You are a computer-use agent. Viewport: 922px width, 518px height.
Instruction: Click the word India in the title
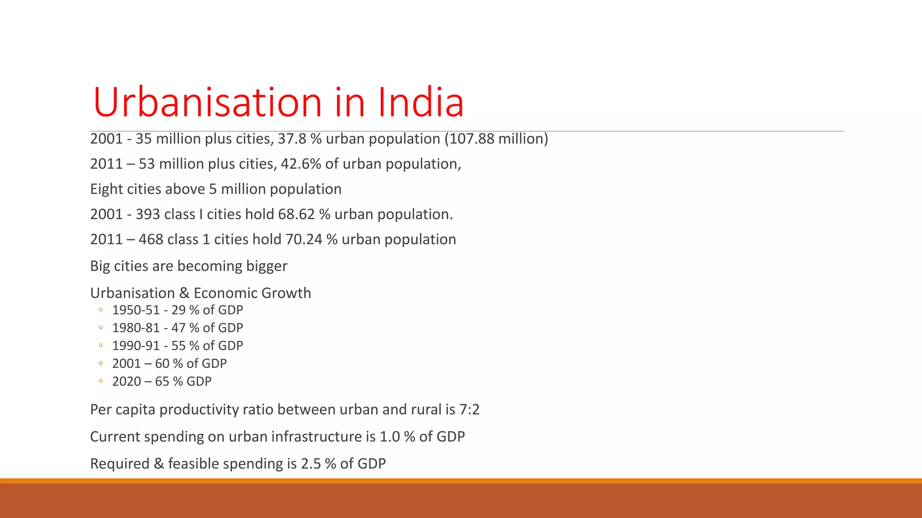coord(420,103)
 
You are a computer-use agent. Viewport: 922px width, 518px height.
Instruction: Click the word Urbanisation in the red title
coord(208,103)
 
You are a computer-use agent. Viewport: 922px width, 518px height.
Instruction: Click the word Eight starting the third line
coord(107,189)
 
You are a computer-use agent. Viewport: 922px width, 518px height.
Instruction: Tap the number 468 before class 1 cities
coord(151,239)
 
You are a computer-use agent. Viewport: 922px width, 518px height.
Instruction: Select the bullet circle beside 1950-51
coord(101,310)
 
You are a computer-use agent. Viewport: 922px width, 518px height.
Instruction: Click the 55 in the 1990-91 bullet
coord(178,346)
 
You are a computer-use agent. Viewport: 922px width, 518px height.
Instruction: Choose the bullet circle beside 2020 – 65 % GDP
coord(101,381)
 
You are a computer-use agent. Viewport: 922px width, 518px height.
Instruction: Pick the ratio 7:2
coord(469,410)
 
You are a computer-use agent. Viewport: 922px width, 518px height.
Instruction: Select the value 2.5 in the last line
coord(311,464)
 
